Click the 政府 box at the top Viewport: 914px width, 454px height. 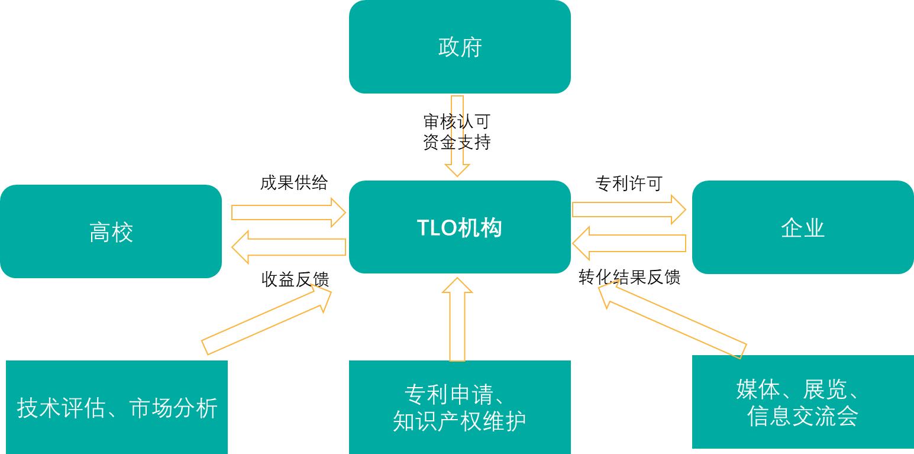pyautogui.click(x=460, y=47)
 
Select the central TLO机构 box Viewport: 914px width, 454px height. pyautogui.click(x=460, y=227)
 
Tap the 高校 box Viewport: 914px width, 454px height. pyautogui.click(x=111, y=231)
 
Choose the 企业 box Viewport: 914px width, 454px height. pyautogui.click(x=803, y=227)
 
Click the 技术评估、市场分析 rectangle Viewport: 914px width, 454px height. pyautogui.click(x=117, y=407)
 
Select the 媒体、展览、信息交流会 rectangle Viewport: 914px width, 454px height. pyautogui.click(x=803, y=402)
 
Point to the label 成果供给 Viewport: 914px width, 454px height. pyautogui.click(x=294, y=182)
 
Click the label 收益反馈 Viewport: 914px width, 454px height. pyautogui.click(x=295, y=279)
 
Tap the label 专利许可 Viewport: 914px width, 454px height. pyautogui.click(x=628, y=183)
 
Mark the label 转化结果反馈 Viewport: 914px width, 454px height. pyautogui.click(x=629, y=277)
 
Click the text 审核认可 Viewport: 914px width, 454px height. pyautogui.click(x=457, y=122)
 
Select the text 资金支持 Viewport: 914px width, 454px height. pyautogui.click(x=457, y=142)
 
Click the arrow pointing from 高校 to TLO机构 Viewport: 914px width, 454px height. pyautogui.click(x=289, y=212)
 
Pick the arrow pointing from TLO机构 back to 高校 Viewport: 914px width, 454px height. pyautogui.click(x=289, y=247)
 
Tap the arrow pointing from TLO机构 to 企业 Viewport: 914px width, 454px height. pyautogui.click(x=629, y=210)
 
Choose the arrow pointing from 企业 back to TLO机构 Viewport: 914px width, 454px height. pyautogui.click(x=629, y=243)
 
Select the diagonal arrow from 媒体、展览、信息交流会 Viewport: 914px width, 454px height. pyautogui.click(x=672, y=320)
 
